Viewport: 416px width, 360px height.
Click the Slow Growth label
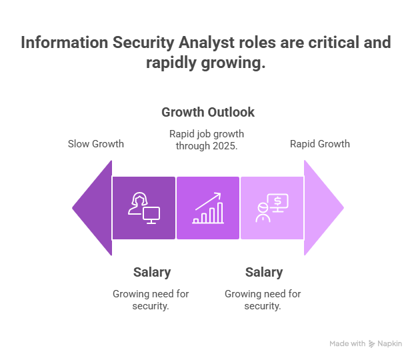point(96,144)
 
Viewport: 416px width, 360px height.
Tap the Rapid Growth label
point(320,144)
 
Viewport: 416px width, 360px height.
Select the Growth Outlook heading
point(208,112)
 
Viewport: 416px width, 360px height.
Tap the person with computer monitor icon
point(144,208)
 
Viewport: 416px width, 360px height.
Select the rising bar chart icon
point(208,208)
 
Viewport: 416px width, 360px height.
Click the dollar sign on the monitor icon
point(277,201)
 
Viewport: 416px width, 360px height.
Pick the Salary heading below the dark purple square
point(152,272)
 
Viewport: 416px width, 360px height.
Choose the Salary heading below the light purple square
point(264,272)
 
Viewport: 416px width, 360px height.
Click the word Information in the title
point(65,43)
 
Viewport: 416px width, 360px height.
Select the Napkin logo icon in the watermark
point(372,344)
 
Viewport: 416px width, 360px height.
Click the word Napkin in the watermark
point(390,344)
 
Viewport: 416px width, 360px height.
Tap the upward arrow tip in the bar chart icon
point(220,193)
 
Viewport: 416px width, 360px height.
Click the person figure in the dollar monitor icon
point(263,213)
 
